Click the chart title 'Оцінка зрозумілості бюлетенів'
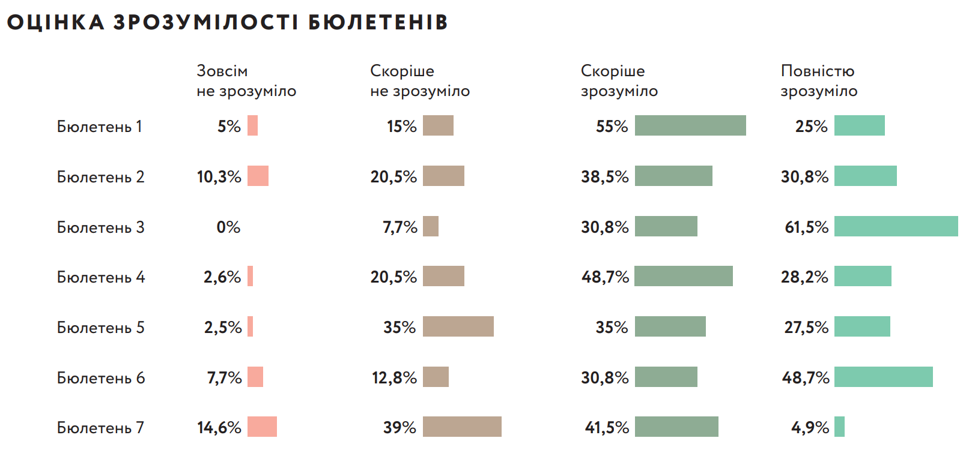227,22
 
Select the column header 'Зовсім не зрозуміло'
246,81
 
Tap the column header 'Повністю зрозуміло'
819,81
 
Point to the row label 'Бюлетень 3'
100,227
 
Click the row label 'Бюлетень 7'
100,428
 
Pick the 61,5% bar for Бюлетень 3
896,226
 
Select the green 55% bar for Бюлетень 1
690,125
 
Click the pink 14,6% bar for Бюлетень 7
262,427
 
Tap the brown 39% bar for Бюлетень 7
462,427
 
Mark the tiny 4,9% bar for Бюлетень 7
839,427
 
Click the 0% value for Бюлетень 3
228,227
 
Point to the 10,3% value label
219,177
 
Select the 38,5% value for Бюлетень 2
604,177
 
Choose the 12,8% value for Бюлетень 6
394,378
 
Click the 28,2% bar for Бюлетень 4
863,276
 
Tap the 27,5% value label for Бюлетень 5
806,328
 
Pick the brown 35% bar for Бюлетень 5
458,326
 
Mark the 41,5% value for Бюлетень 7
607,428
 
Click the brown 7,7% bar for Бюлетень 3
431,226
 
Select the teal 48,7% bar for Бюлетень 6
883,377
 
